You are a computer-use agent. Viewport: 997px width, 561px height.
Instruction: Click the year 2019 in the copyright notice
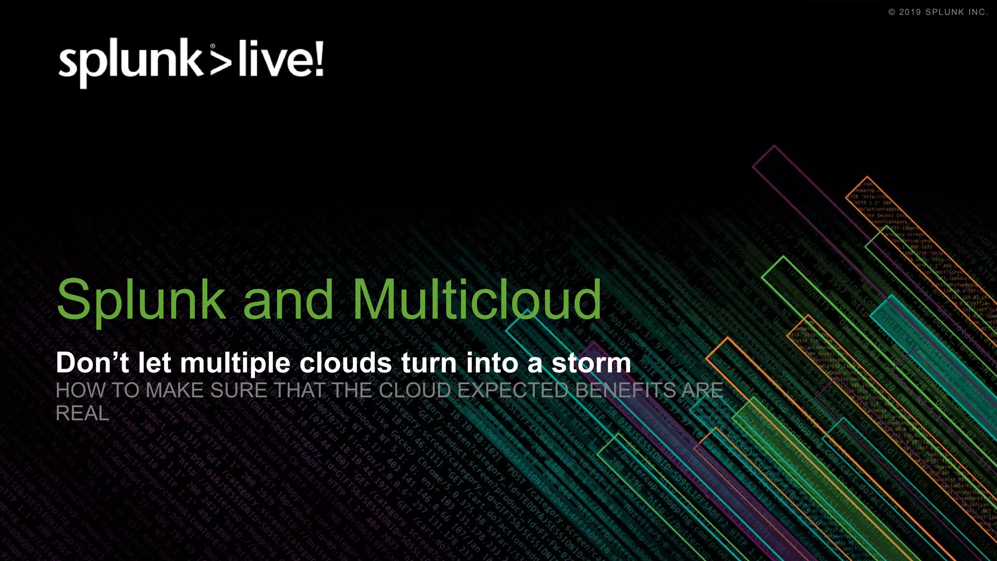(910, 12)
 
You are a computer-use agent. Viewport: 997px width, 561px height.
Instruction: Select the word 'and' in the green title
(288, 300)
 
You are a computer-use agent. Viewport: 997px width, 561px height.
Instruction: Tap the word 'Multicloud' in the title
(477, 300)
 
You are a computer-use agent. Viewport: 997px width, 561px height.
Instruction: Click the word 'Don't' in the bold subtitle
(92, 363)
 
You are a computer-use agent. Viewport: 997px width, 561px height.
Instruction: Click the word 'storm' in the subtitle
(591, 363)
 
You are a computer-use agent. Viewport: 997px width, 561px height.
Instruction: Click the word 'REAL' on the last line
(82, 413)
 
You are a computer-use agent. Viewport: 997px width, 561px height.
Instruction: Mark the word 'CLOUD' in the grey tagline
(415, 391)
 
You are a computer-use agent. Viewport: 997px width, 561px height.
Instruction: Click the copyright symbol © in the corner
(892, 12)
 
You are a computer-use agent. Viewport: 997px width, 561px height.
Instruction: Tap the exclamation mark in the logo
(319, 59)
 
